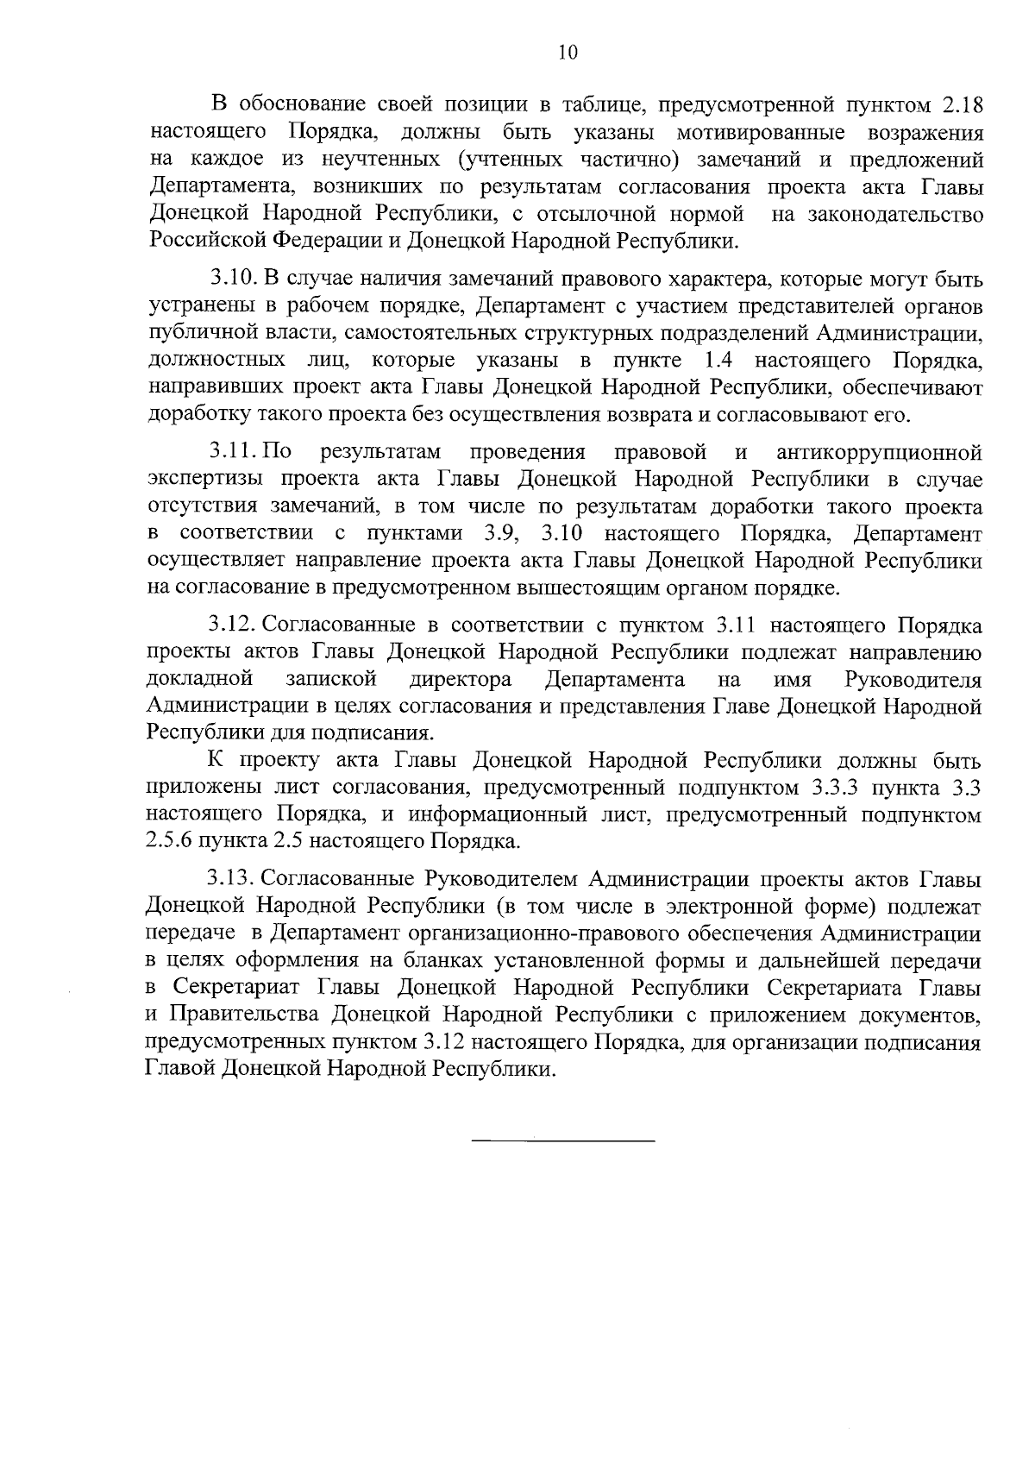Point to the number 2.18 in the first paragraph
click(x=958, y=106)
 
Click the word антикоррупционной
click(x=879, y=453)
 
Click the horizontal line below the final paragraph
click(x=563, y=1142)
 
